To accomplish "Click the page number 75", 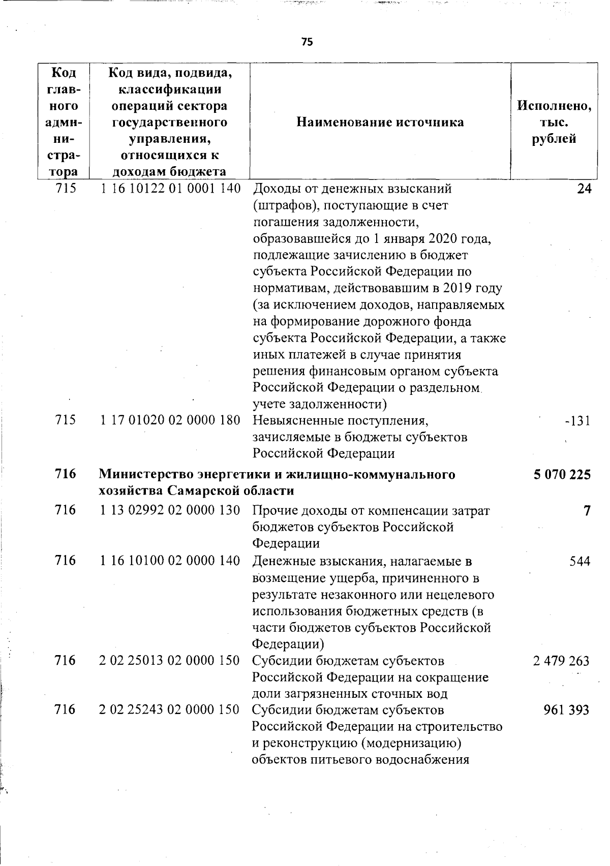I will coord(307,42).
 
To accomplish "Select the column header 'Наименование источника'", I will coord(380,122).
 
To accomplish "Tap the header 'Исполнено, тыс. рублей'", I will coord(554,122).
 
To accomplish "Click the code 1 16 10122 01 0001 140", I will coord(170,189).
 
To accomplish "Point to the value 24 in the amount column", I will coord(585,189).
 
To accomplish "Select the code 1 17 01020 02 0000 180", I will coord(170,420).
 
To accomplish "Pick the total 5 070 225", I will coord(562,475).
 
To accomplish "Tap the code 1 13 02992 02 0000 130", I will coord(170,510).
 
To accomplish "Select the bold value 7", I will coord(587,510).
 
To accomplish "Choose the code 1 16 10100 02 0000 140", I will coord(170,561).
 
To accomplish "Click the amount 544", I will coord(579,561).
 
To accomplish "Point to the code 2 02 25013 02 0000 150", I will coord(170,660).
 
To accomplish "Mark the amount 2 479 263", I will coord(562,661).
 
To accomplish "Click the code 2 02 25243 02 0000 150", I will coord(170,709).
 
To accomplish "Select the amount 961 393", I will coord(566,709).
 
